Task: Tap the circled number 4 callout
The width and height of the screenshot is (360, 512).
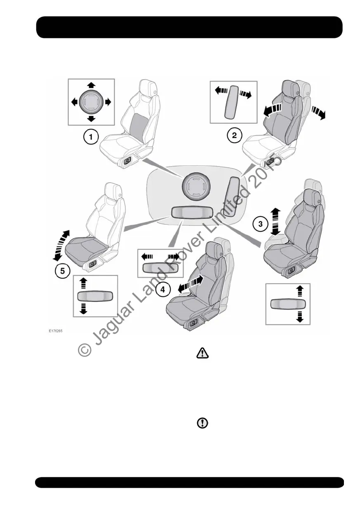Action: (163, 289)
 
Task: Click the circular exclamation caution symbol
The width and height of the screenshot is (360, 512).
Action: (202, 423)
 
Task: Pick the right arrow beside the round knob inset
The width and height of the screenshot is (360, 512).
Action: (108, 101)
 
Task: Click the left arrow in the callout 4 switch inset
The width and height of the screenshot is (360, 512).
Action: (146, 256)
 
